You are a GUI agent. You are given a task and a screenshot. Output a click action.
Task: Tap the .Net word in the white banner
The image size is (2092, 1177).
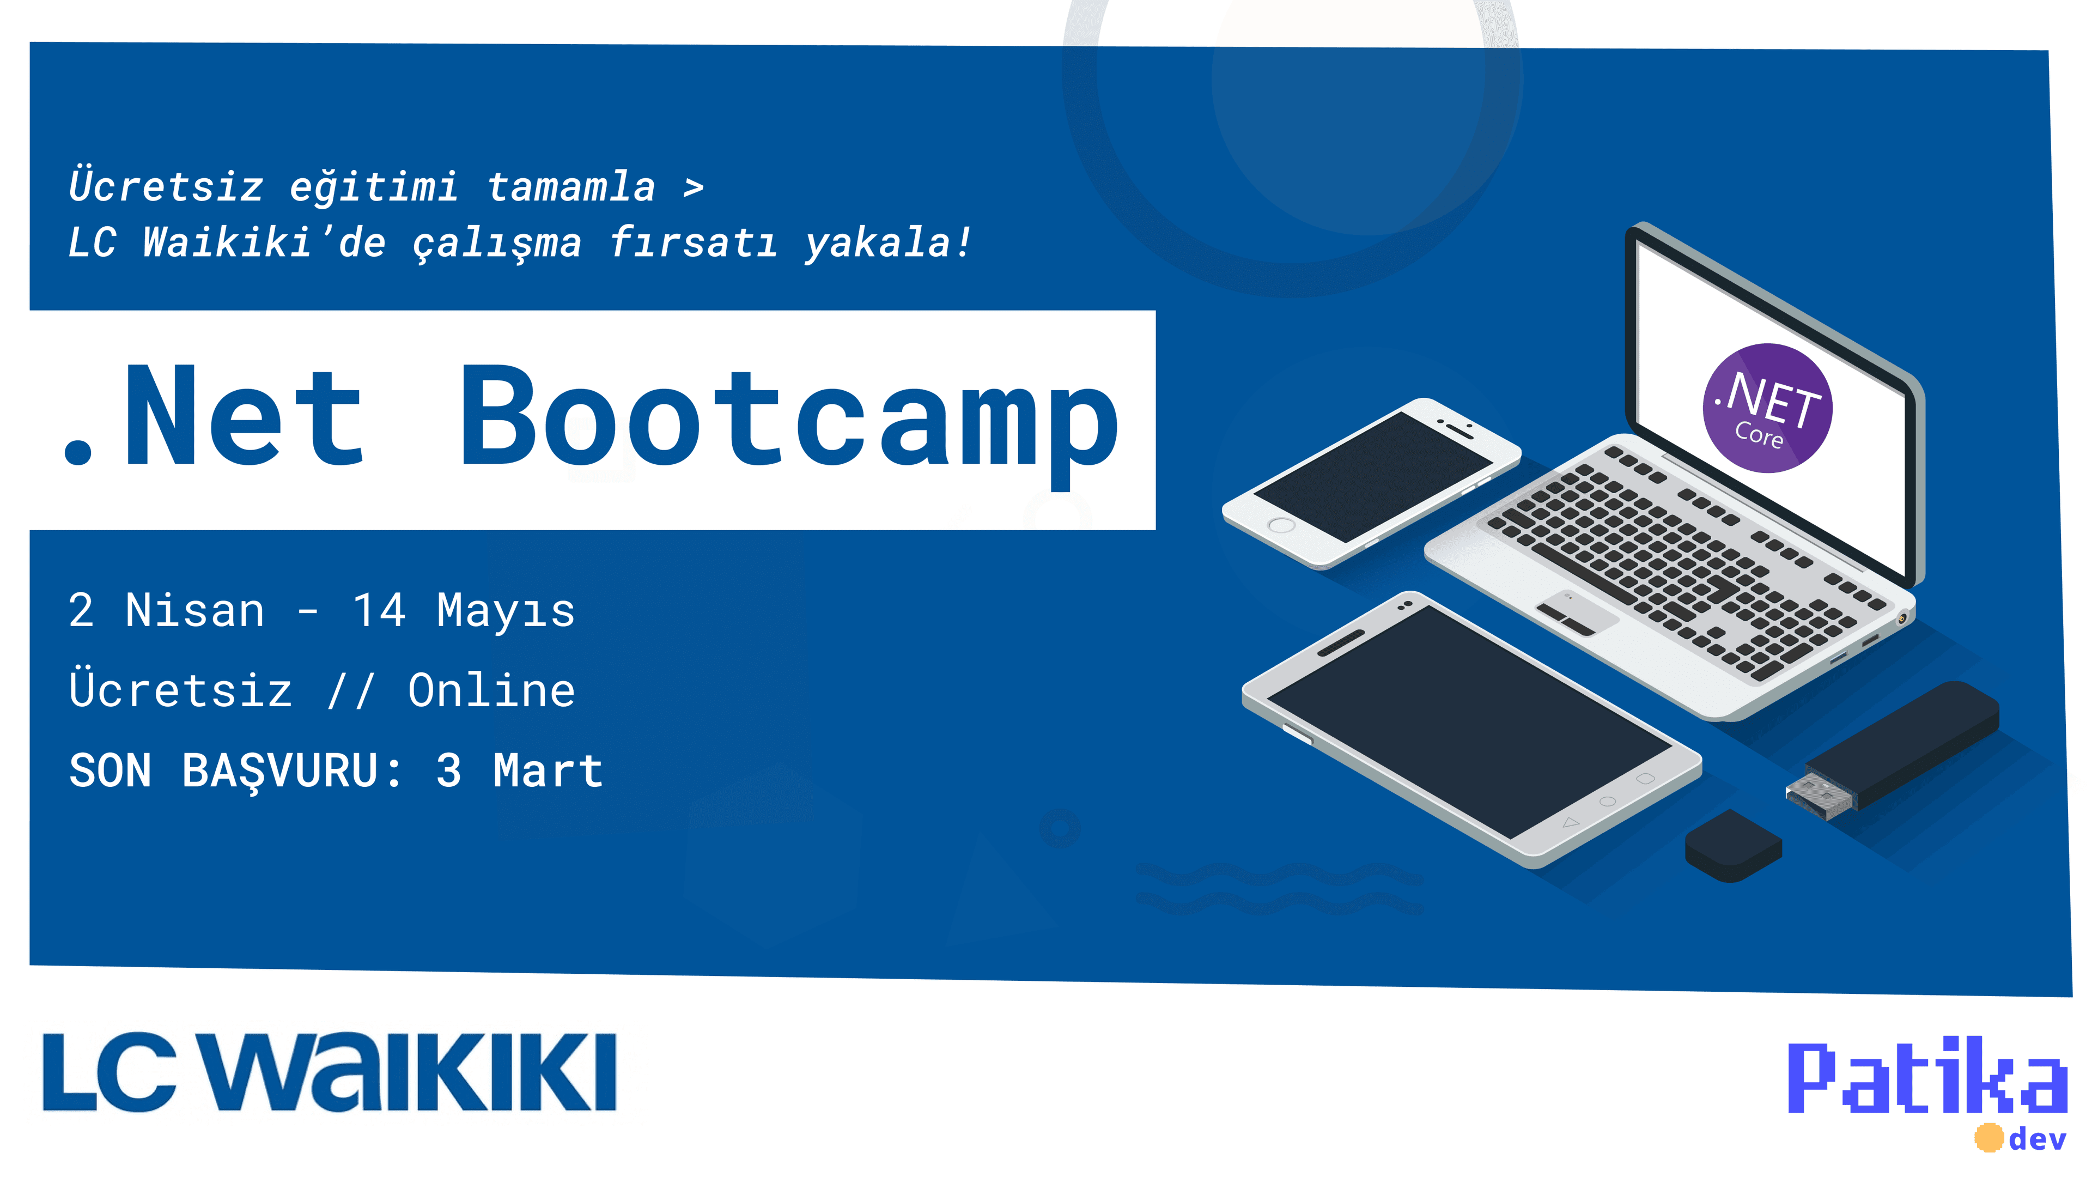pos(213,416)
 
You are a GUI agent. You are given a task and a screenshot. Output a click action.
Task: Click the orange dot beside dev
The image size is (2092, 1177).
pos(1989,1137)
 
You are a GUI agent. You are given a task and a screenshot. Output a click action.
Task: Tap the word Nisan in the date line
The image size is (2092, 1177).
pos(195,611)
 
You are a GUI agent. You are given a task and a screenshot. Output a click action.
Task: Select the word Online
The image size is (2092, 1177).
pos(491,690)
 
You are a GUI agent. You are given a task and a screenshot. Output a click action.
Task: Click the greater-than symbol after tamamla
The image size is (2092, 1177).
pos(693,187)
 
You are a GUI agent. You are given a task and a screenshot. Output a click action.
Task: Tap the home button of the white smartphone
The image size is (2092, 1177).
pos(1281,525)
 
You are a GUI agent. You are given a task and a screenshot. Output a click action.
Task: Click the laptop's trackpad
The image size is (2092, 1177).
pos(1576,611)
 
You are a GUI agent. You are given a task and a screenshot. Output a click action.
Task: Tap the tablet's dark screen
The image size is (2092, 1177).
pos(1469,721)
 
